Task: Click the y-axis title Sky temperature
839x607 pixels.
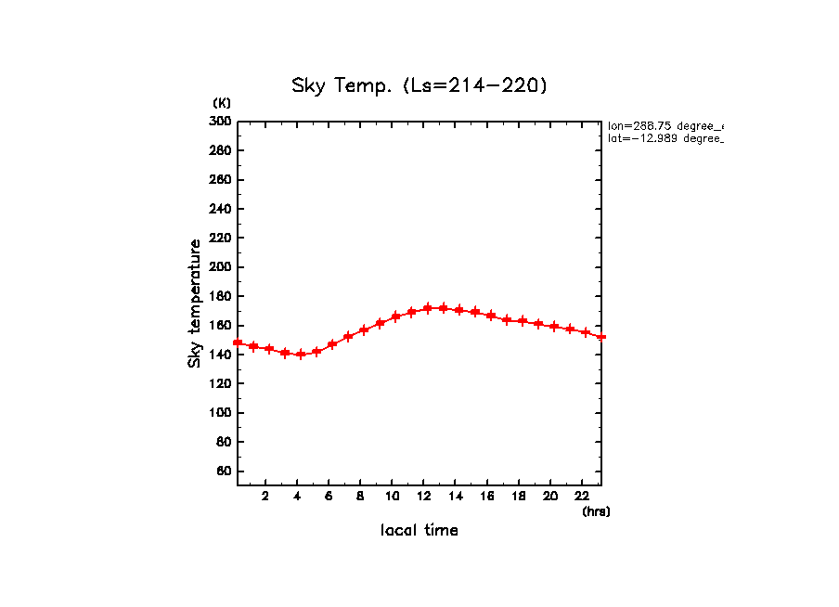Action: pos(195,303)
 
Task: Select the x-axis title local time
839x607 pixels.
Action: pos(419,531)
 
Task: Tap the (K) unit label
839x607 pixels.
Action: pos(222,103)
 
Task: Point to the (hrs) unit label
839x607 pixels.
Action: pos(596,511)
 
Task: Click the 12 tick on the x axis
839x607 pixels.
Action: pos(424,496)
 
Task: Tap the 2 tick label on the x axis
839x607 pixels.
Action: pos(265,496)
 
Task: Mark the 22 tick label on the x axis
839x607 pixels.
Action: pos(582,496)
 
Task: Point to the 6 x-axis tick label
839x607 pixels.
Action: pos(329,496)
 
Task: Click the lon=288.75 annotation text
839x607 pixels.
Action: pos(665,125)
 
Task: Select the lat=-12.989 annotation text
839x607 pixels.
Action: pos(665,138)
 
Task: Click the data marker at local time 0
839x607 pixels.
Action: pos(239,342)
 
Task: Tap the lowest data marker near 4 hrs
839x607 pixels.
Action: pos(301,355)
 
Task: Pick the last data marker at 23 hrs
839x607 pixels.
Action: pos(601,337)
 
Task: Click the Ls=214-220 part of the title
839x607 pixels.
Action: pos(475,86)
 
